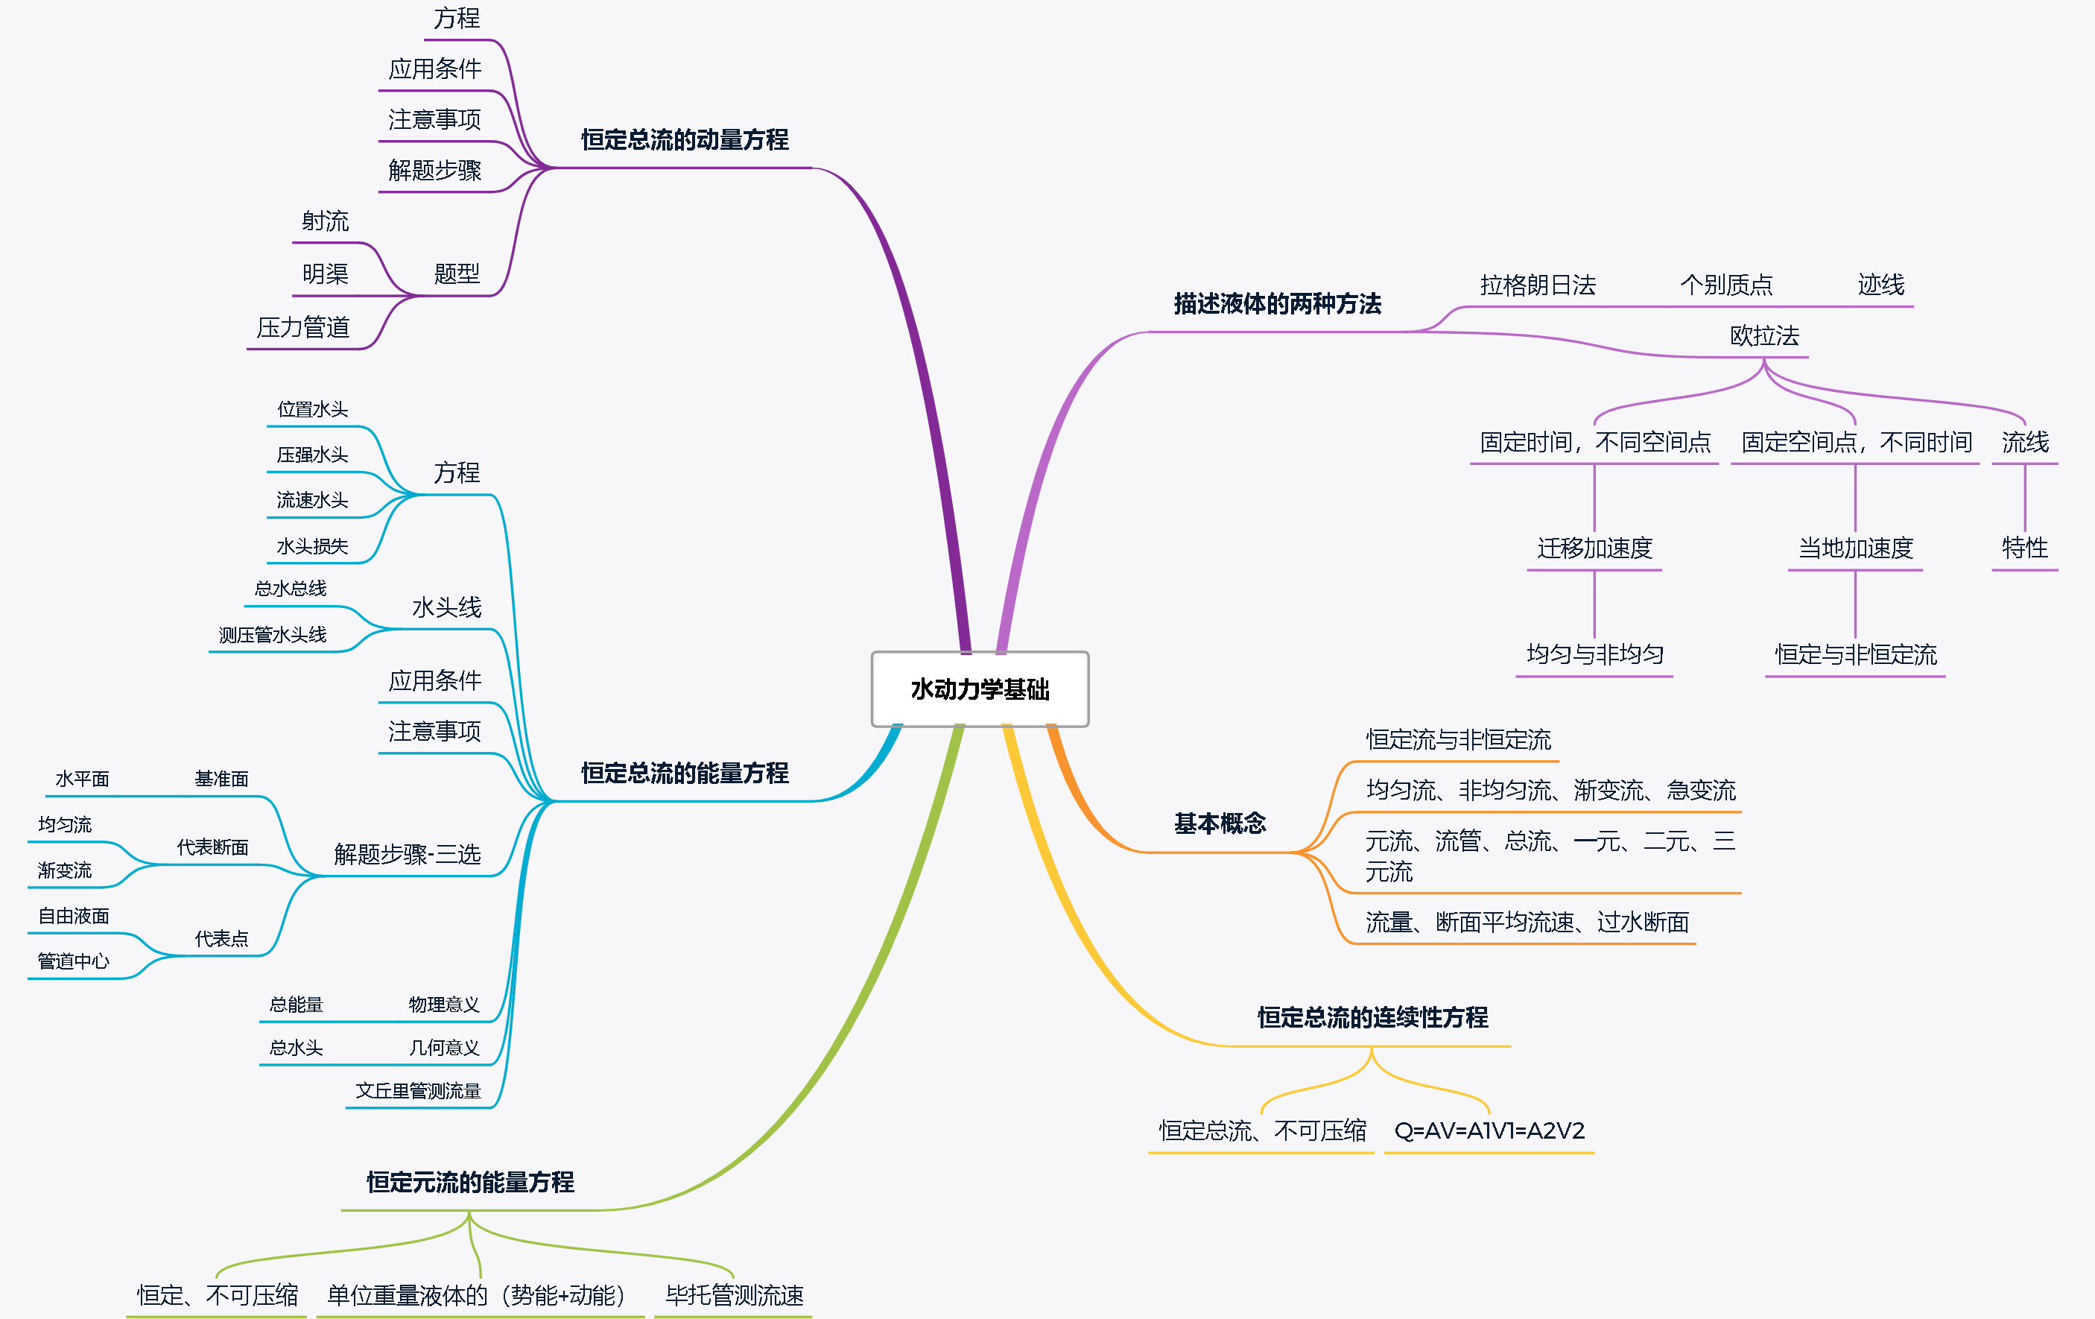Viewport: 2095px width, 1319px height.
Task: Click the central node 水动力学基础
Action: tap(980, 689)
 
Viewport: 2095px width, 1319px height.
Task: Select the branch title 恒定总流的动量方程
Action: tap(685, 139)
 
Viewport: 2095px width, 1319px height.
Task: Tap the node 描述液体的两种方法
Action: tap(1277, 303)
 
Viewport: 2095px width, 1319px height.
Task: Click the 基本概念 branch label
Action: tap(1220, 823)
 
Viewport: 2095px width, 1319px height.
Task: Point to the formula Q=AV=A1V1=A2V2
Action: tap(1489, 1130)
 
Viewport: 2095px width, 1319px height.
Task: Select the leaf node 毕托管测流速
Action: tap(735, 1294)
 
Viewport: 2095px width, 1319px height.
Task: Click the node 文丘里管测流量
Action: tap(418, 1090)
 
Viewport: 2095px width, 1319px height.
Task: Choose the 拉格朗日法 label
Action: tap(1537, 285)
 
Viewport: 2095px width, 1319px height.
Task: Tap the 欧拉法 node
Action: tap(1763, 336)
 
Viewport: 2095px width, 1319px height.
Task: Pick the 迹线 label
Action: tap(1881, 285)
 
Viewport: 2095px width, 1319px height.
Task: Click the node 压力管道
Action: tap(302, 327)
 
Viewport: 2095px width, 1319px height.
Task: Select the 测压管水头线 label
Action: tap(273, 635)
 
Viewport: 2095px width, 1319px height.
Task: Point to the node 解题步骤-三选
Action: tap(408, 853)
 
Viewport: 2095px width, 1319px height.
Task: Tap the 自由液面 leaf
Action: tap(74, 915)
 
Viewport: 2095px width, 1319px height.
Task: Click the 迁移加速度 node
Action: tap(1594, 548)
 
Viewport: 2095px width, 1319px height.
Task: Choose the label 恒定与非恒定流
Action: tap(1856, 654)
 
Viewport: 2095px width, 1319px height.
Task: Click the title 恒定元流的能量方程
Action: tap(470, 1182)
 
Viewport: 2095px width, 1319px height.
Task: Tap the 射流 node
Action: tap(326, 221)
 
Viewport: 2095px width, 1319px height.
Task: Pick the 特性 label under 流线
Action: tap(2024, 548)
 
